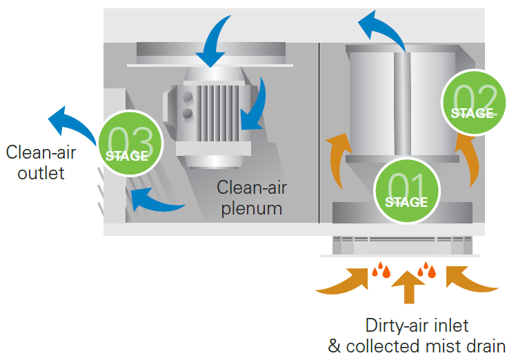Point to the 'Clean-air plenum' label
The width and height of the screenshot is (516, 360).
(x=252, y=197)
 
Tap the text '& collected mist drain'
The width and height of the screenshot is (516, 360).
(x=417, y=346)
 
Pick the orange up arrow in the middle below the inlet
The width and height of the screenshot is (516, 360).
(x=409, y=286)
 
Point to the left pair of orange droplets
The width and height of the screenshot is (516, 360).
(x=381, y=270)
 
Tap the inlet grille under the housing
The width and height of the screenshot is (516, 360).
(x=402, y=244)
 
